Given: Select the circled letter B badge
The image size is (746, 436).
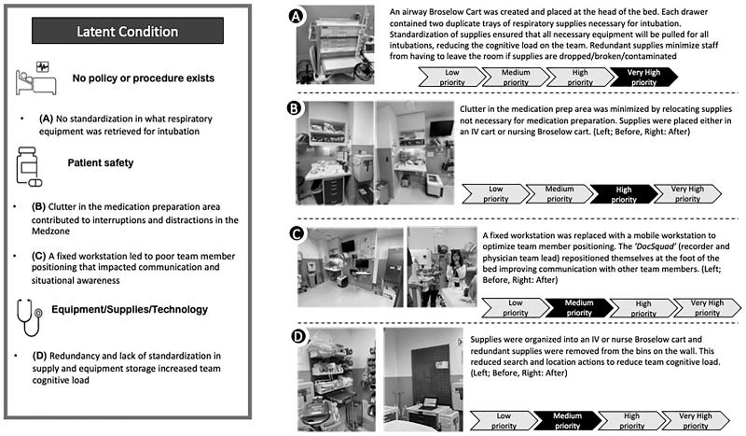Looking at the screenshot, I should pyautogui.click(x=295, y=108).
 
